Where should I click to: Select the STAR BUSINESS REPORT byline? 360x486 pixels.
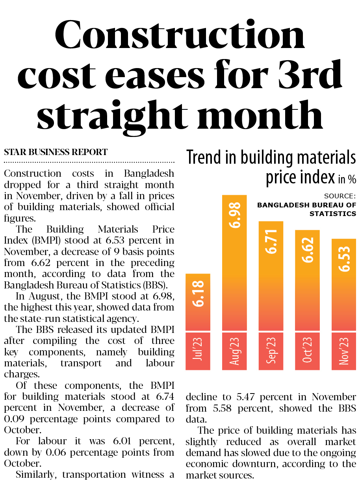coord(56,152)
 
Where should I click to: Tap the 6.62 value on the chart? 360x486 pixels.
coord(307,250)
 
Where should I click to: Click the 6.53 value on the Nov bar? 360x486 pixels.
coord(344,259)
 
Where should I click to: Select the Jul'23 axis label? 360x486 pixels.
coord(198,351)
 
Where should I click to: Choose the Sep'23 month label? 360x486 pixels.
coord(271,351)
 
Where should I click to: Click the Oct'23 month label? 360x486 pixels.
coord(307,351)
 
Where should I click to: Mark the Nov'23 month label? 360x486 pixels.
coord(344,351)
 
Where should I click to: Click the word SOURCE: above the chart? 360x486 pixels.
coord(340,196)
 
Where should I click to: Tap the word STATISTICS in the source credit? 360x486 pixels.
coord(333,214)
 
